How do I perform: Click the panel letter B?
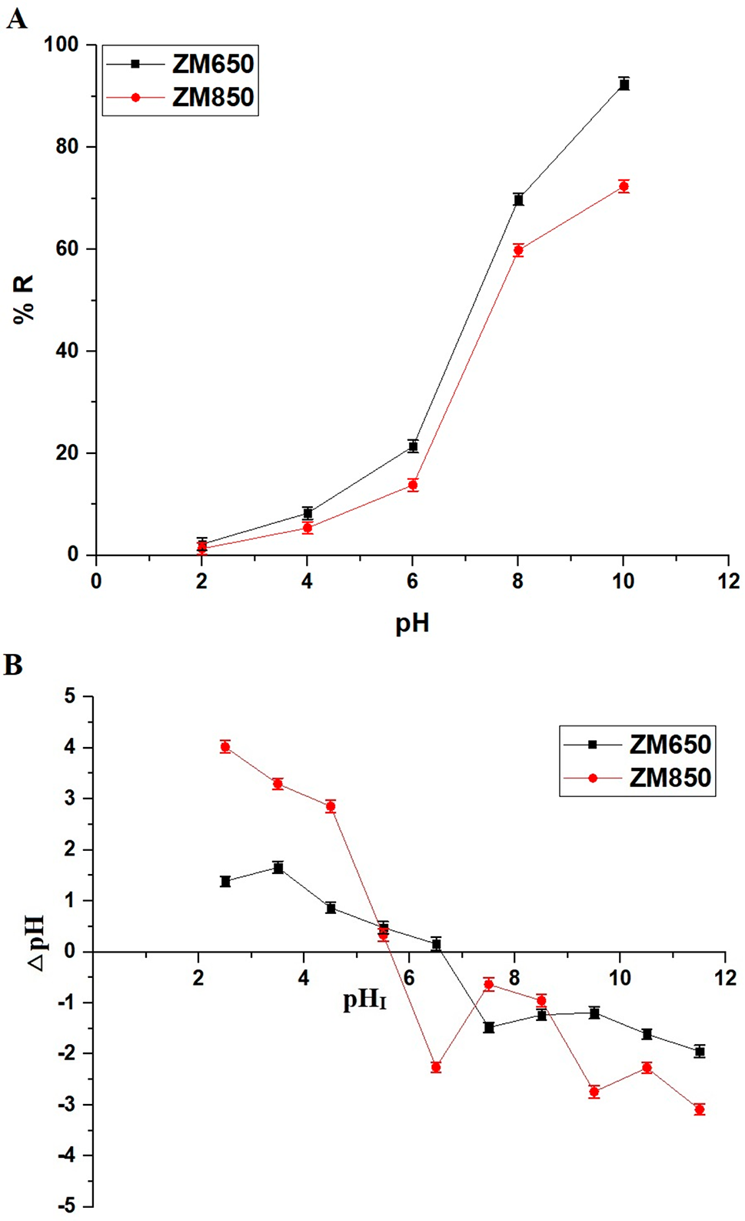(x=13, y=664)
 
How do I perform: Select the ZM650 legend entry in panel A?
(x=212, y=64)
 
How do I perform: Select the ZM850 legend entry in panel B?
(x=670, y=778)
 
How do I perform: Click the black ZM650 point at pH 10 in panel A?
(x=624, y=84)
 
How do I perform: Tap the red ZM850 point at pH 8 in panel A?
(x=518, y=250)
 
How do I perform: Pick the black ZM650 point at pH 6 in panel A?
(x=413, y=446)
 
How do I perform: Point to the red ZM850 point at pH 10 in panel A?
(x=624, y=186)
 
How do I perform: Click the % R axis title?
(x=24, y=300)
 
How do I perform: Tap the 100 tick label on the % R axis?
(x=62, y=45)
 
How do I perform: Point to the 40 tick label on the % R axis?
(x=67, y=351)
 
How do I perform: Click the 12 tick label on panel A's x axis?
(x=728, y=582)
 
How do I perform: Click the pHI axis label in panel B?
(x=364, y=1000)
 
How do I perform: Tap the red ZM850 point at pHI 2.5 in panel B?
(x=225, y=746)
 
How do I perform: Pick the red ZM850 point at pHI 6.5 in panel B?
(x=436, y=1067)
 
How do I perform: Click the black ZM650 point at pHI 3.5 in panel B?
(x=278, y=868)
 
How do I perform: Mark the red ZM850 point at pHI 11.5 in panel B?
(x=699, y=1109)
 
